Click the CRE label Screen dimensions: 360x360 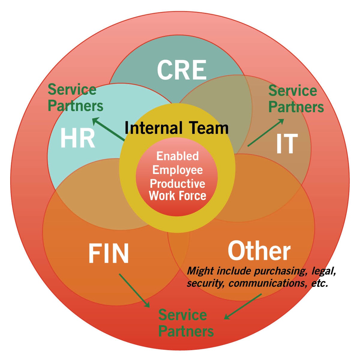[x=181, y=70]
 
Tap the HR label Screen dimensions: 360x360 [x=78, y=139]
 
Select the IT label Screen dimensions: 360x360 [x=287, y=144]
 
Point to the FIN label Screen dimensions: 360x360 [x=109, y=253]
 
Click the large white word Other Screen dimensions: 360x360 [x=259, y=251]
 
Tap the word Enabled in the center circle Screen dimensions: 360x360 [x=177, y=156]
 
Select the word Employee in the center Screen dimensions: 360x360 [x=177, y=170]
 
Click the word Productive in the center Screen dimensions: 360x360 [x=177, y=183]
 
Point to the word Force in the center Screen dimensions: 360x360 [x=192, y=196]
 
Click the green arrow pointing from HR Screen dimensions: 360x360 [x=108, y=129]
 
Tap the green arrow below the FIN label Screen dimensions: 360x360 [x=134, y=290]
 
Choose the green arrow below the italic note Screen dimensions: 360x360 [x=243, y=306]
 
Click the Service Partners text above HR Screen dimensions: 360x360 [x=75, y=98]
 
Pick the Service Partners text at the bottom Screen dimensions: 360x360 [x=186, y=323]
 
